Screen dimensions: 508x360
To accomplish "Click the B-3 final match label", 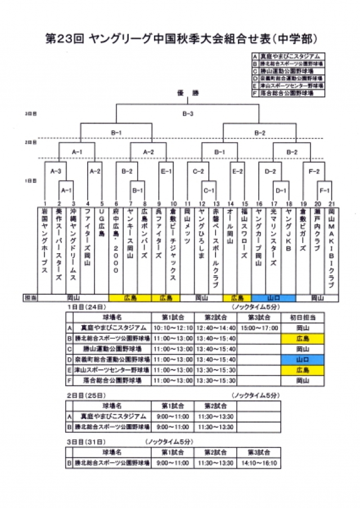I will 188,114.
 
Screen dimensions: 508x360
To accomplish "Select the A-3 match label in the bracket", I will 55,170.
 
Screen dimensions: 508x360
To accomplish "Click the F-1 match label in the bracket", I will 325,190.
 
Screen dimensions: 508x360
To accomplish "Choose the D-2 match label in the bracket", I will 271,170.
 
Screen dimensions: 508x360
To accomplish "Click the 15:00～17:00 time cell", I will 259,327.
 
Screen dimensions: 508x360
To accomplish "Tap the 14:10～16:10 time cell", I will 259,463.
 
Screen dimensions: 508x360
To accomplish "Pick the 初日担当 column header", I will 303,317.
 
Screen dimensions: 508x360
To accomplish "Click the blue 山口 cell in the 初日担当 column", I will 303,359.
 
